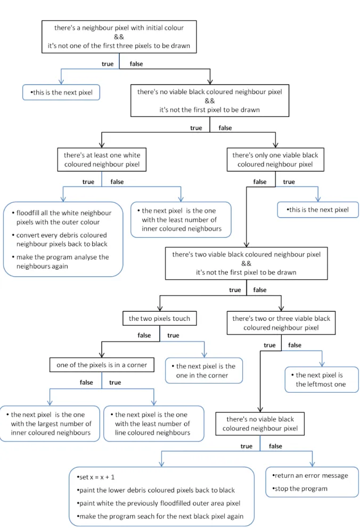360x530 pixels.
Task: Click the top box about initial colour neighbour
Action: [119, 37]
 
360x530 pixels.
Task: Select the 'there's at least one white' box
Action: [102, 160]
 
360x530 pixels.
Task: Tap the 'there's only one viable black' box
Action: [275, 160]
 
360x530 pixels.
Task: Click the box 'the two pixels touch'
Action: [159, 318]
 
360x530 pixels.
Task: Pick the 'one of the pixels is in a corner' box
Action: [102, 365]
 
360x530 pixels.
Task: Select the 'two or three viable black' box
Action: [281, 323]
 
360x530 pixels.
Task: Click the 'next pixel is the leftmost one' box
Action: [322, 379]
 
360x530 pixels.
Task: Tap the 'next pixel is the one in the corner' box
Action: [204, 370]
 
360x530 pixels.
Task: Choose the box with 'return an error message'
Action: [312, 482]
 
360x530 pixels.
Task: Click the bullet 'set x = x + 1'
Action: [96, 477]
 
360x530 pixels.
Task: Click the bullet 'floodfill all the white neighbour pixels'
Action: [62, 217]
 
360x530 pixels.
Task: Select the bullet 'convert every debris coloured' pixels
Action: [60, 239]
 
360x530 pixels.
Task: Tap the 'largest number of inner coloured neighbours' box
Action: [50, 424]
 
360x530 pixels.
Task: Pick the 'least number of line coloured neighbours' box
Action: [154, 424]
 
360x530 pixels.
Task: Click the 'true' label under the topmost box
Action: [108, 64]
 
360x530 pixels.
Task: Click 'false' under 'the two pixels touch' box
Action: [144, 335]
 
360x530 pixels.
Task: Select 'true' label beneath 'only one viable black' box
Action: [289, 182]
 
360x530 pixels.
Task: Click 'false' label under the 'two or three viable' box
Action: [294, 345]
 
